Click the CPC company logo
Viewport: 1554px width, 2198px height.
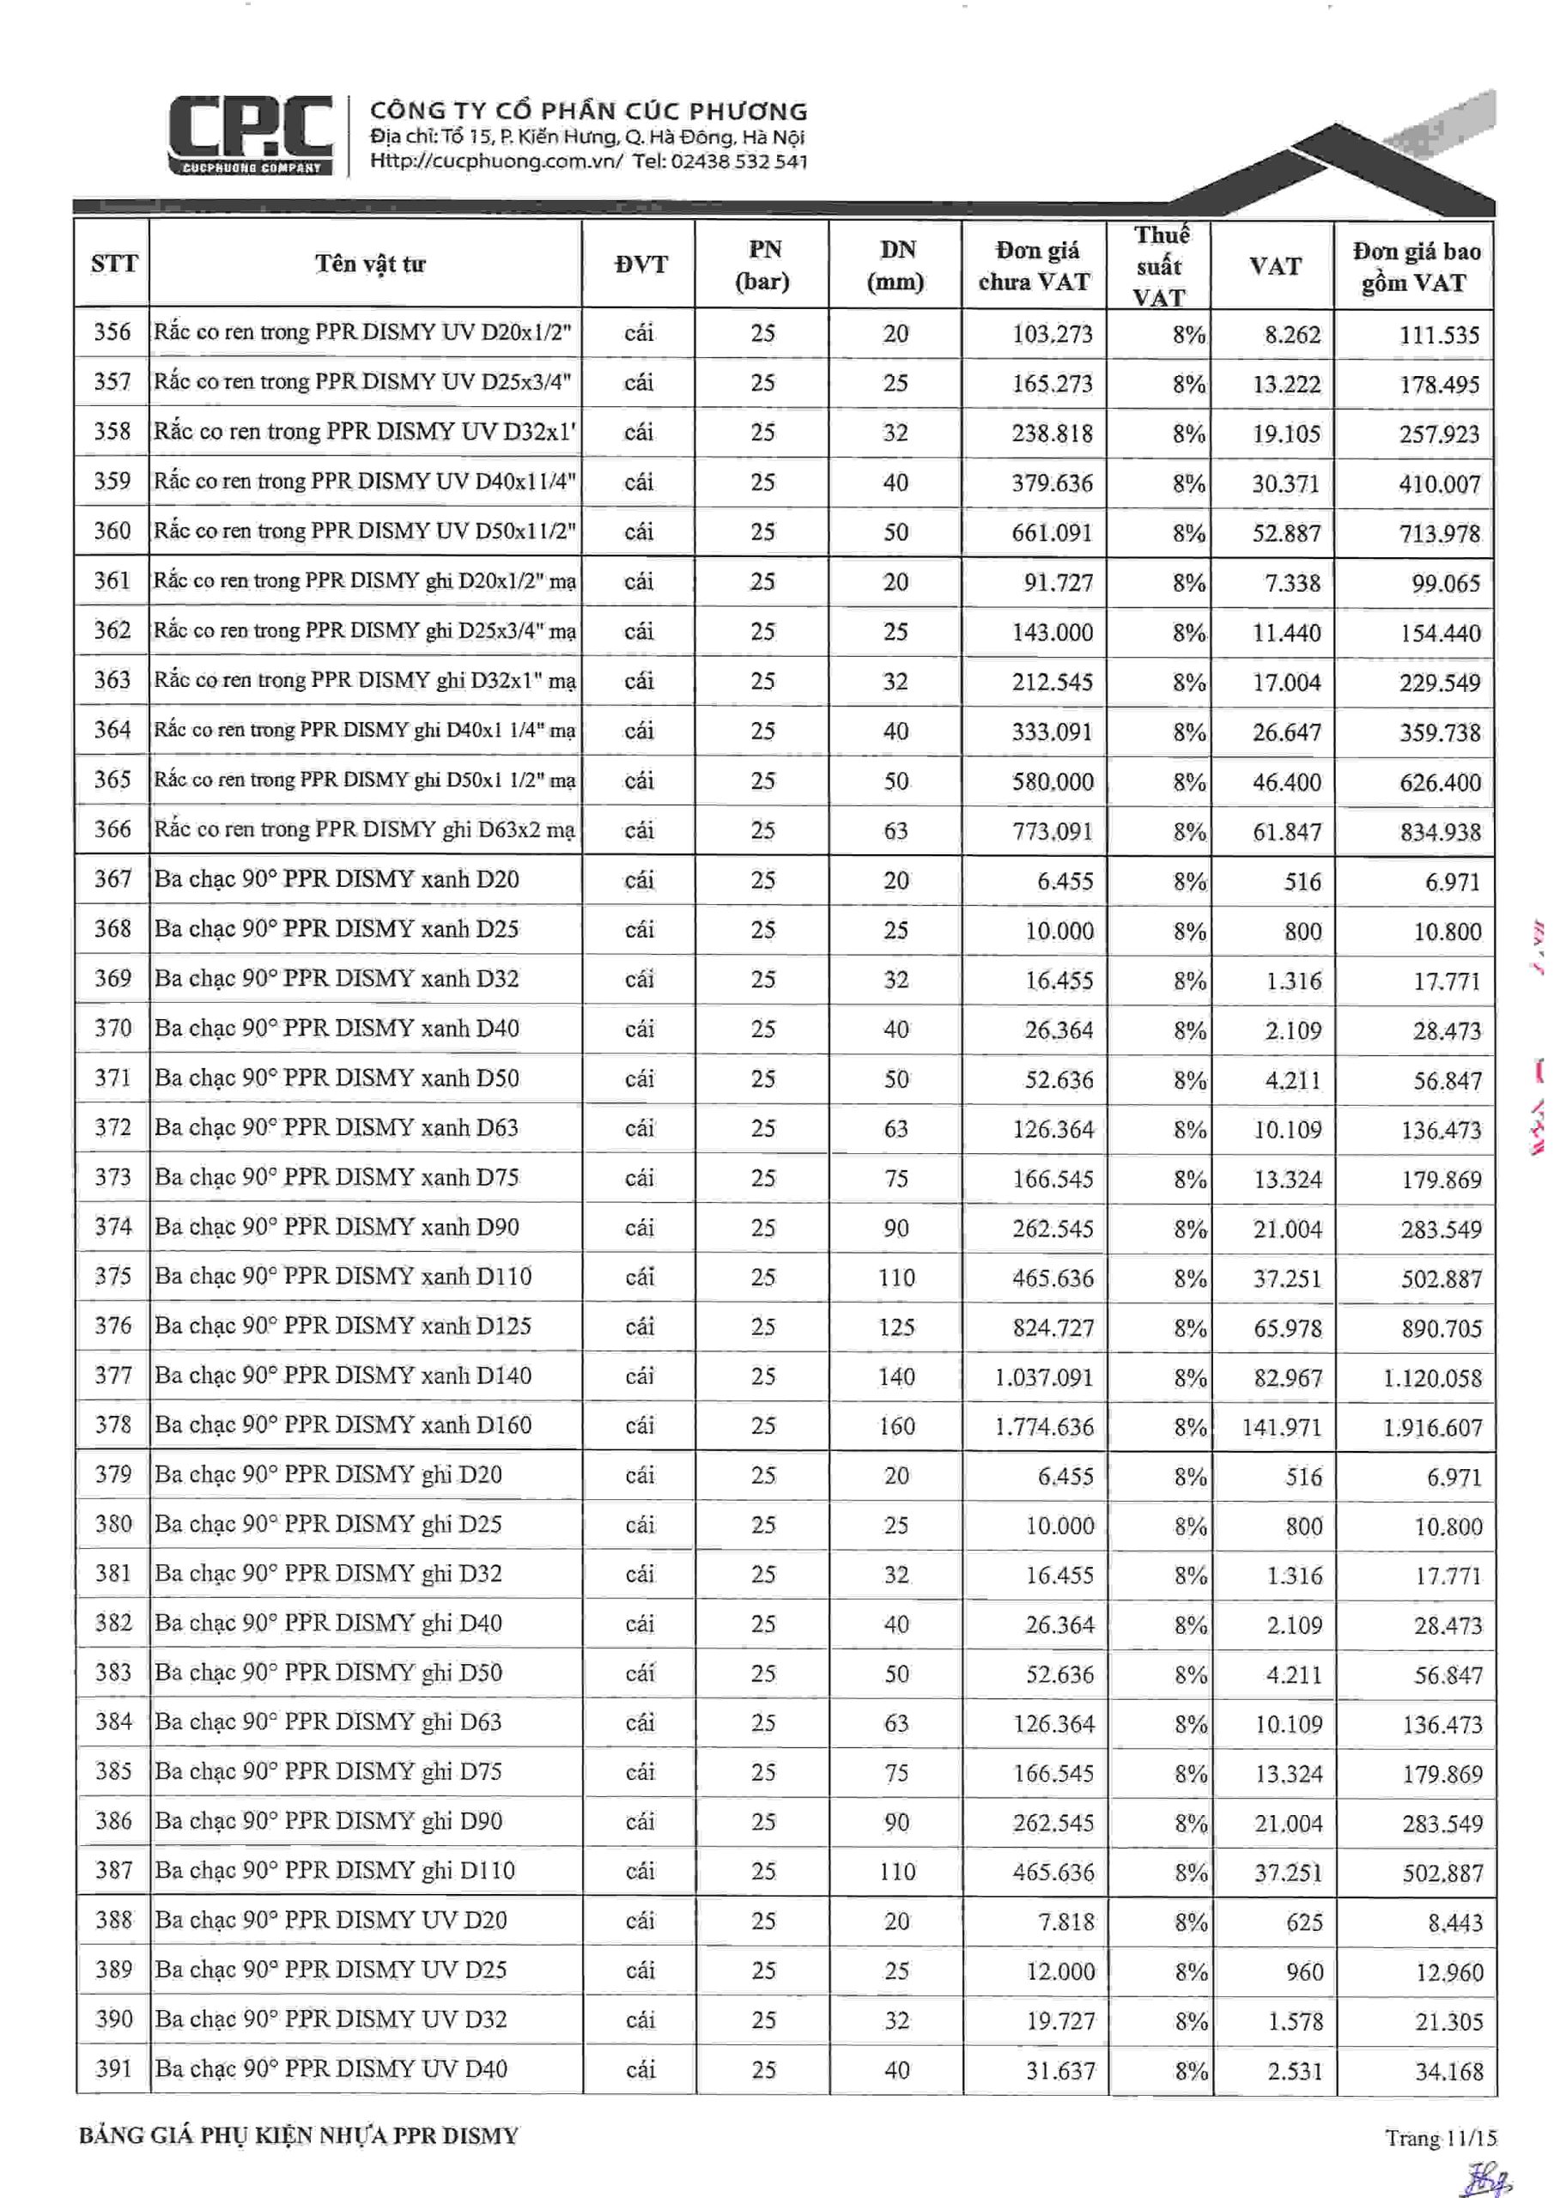click(251, 134)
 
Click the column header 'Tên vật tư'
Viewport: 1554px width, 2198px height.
click(369, 264)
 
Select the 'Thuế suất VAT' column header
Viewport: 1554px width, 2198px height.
click(1160, 265)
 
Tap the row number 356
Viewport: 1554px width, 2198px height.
click(112, 332)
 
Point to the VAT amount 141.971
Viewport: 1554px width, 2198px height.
click(1281, 1427)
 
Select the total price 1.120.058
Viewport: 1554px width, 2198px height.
click(1431, 1377)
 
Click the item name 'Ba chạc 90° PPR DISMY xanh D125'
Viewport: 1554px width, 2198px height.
click(343, 1326)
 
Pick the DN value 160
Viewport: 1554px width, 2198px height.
click(896, 1426)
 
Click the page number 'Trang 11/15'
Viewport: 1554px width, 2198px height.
click(1439, 2138)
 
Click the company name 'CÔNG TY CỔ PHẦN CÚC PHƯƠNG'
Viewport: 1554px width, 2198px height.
click(589, 111)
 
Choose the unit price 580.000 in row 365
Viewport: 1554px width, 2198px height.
click(1053, 782)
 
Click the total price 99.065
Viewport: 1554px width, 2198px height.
click(1445, 583)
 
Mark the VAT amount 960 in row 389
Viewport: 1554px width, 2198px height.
click(1304, 1972)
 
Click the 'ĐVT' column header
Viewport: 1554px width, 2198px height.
click(640, 265)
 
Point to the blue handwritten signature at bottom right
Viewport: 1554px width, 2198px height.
click(1483, 2174)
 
